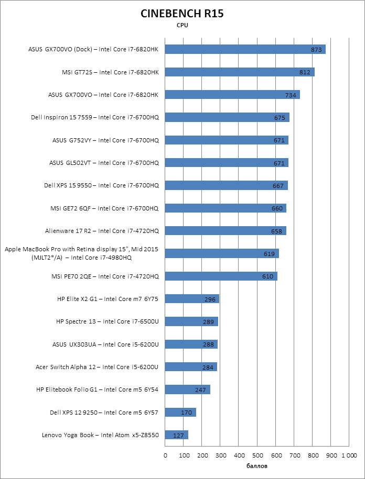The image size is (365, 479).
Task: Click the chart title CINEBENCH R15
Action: click(182, 14)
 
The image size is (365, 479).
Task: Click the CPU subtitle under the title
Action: click(182, 25)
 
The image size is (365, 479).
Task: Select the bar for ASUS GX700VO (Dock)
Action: click(245, 49)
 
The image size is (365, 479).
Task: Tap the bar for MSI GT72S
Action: click(240, 72)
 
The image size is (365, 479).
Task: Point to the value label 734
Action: click(291, 95)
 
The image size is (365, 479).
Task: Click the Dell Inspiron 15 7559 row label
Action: click(94, 117)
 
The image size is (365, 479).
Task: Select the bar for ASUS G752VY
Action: click(227, 140)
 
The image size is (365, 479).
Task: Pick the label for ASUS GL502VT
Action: click(104, 163)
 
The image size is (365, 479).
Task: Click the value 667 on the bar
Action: click(278, 185)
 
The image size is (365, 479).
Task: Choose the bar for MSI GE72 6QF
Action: click(226, 208)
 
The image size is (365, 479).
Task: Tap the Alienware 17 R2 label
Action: click(102, 231)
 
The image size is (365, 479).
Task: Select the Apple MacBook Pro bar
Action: click(222, 253)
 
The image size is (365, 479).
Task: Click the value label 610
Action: click(267, 276)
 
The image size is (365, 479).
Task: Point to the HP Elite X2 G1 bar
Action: click(192, 299)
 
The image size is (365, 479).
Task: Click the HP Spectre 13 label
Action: click(107, 321)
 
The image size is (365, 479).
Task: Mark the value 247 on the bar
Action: click(200, 390)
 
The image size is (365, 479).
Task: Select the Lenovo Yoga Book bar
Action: click(176, 435)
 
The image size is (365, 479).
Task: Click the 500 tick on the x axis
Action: click(257, 455)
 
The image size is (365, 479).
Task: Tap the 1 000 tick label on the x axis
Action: click(349, 455)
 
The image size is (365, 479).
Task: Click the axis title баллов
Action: click(257, 465)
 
